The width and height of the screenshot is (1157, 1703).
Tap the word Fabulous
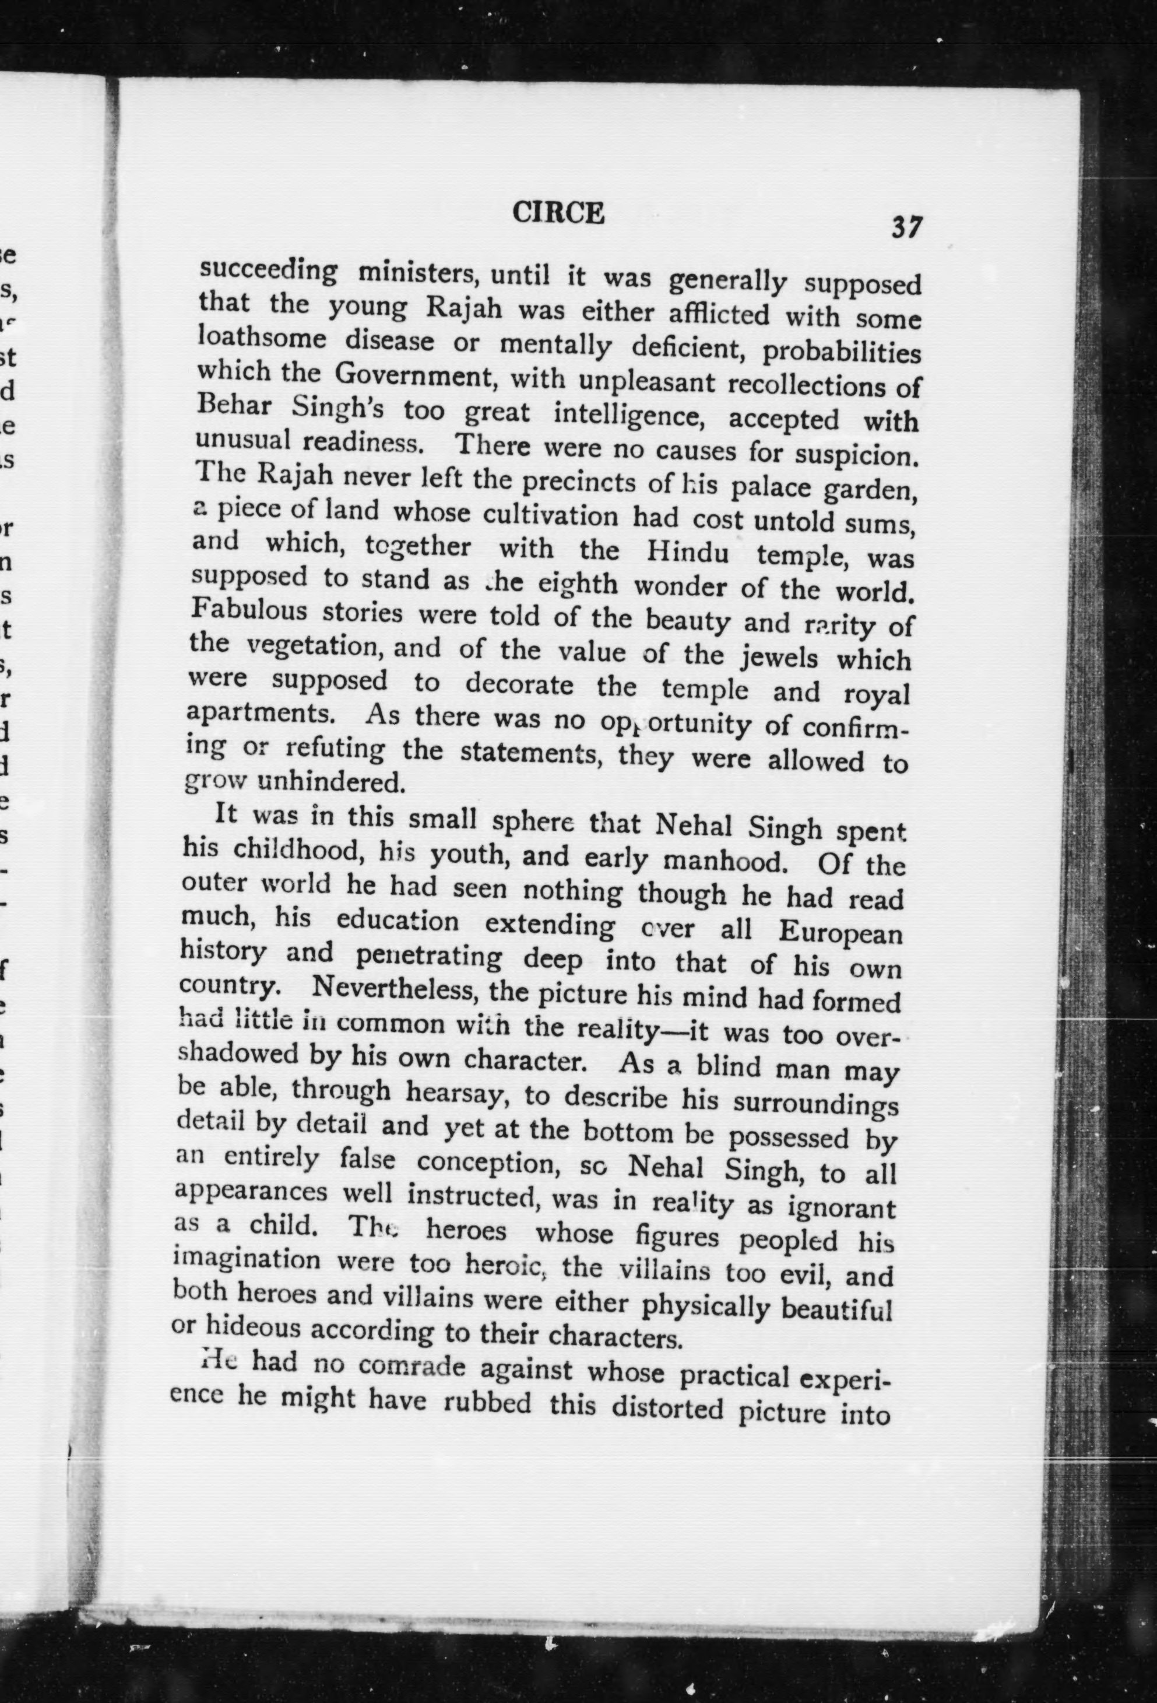pyautogui.click(x=248, y=610)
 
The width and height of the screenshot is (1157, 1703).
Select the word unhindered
pyautogui.click(x=331, y=782)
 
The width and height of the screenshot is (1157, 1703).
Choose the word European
pyautogui.click(x=840, y=933)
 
